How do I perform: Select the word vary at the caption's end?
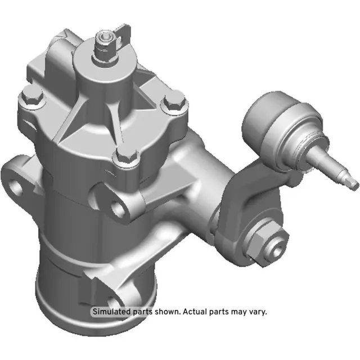[x=256, y=312]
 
